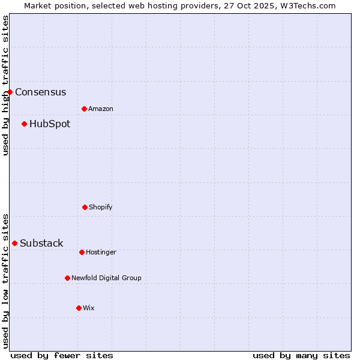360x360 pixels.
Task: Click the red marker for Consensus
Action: pyautogui.click(x=10, y=92)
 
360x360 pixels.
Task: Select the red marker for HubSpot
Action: pyautogui.click(x=24, y=124)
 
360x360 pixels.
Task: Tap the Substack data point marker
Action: pyautogui.click(x=14, y=243)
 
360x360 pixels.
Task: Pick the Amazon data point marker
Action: pyautogui.click(x=84, y=109)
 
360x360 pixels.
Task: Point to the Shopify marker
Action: pyautogui.click(x=85, y=207)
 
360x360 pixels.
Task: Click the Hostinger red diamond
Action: pyautogui.click(x=82, y=252)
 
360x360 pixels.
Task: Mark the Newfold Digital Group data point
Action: pyautogui.click(x=67, y=278)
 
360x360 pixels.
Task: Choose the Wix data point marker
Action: pyautogui.click(x=79, y=308)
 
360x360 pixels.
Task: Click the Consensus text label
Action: pyautogui.click(x=40, y=92)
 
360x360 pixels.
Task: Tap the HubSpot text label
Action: pyautogui.click(x=50, y=124)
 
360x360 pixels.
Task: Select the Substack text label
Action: pyautogui.click(x=41, y=244)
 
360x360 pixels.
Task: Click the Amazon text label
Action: pyautogui.click(x=101, y=109)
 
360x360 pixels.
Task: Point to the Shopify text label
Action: pyautogui.click(x=101, y=208)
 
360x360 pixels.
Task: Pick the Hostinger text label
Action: pyautogui.click(x=101, y=253)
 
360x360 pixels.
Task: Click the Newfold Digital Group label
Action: pyautogui.click(x=106, y=278)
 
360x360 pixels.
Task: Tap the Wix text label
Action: pyautogui.click(x=89, y=308)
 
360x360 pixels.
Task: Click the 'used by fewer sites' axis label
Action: pyautogui.click(x=62, y=356)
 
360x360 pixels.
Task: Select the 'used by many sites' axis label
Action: pyautogui.click(x=301, y=356)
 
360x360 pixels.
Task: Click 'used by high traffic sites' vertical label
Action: pyautogui.click(x=5, y=85)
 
